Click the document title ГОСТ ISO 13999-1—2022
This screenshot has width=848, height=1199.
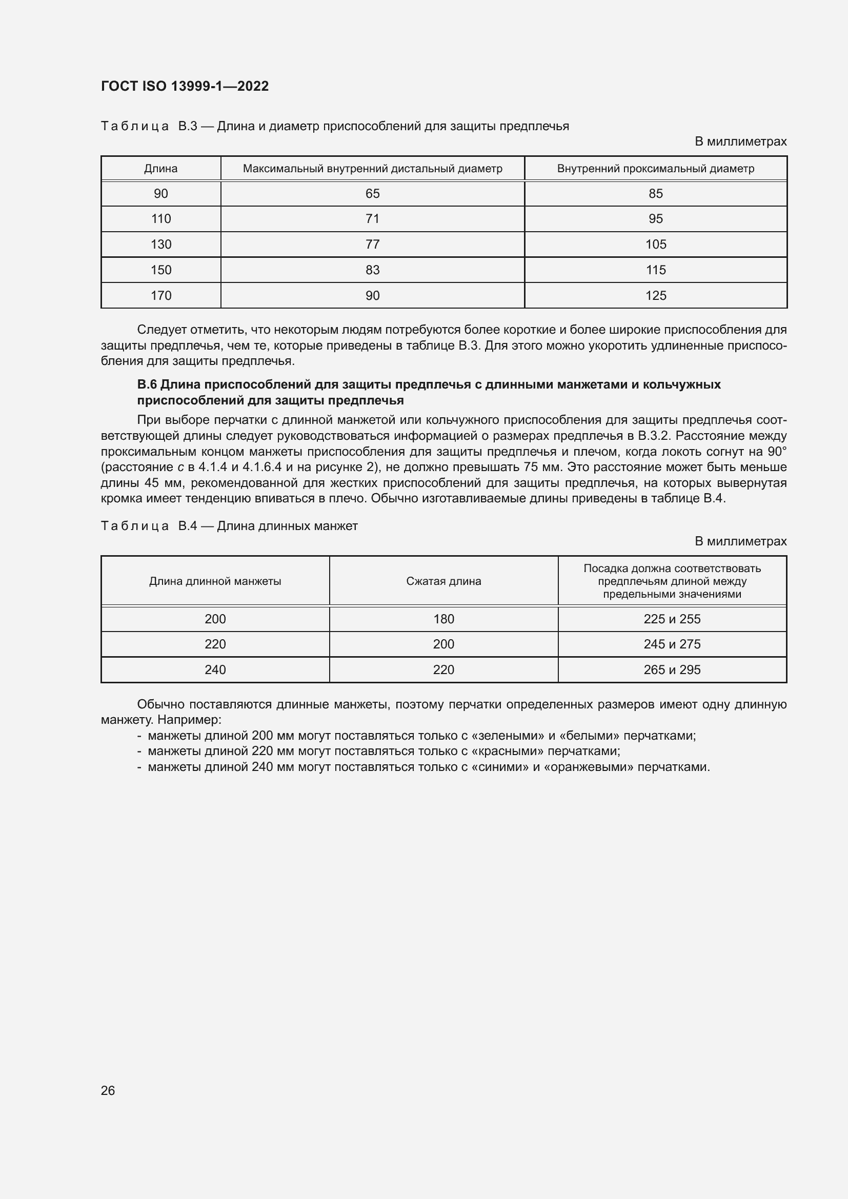pos(185,86)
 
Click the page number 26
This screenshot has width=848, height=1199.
pos(108,1090)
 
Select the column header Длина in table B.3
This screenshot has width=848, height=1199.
pos(161,169)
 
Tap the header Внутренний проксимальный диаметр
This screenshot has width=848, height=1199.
pos(655,169)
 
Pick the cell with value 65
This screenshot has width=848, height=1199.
pos(372,194)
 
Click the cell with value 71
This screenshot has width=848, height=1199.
pos(372,219)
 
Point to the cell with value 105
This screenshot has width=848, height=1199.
pos(655,245)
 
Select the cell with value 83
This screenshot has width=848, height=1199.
pos(372,270)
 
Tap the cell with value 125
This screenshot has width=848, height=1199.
pos(655,296)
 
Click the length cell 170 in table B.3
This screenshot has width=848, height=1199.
pos(161,296)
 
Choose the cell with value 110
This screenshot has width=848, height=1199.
pos(161,219)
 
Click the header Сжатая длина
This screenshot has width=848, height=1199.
pos(443,581)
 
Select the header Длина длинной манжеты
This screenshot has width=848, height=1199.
pos(215,581)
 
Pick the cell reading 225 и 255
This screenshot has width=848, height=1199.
pos(672,619)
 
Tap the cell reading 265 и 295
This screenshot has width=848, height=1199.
pos(672,669)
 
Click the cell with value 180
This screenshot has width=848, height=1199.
pos(443,619)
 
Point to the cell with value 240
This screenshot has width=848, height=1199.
pos(215,669)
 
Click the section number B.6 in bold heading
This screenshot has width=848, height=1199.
pos(147,385)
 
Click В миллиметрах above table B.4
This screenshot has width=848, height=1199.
pos(740,541)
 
